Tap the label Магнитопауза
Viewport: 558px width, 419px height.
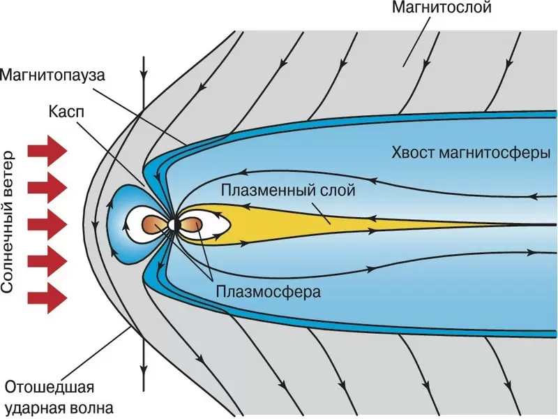pos(54,75)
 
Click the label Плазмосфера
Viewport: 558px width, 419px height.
pos(269,291)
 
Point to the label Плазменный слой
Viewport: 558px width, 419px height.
pos(287,189)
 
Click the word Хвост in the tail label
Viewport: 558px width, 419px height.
pos(413,153)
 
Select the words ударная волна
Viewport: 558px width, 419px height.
pos(59,406)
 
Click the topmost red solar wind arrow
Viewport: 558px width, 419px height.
pos(47,150)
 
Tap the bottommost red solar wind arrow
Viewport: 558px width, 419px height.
pos(47,297)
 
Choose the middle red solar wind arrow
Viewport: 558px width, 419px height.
pos(47,224)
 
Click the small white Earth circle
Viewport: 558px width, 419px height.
pos(172,225)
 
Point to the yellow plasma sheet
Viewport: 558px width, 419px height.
pos(314,223)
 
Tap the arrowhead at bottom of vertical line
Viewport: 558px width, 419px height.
pos(143,368)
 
